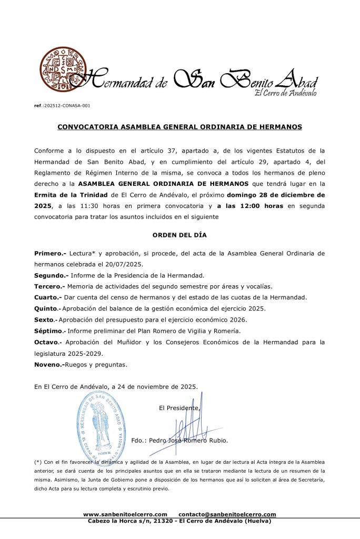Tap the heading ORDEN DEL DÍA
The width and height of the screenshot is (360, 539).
click(179, 235)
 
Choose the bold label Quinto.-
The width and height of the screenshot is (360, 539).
click(47, 308)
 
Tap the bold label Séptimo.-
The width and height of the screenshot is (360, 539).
click(50, 331)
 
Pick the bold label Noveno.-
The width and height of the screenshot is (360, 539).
click(49, 364)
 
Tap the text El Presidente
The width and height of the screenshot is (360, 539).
click(179, 407)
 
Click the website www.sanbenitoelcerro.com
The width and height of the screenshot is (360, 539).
click(125, 514)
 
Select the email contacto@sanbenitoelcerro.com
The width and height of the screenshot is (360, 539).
click(227, 514)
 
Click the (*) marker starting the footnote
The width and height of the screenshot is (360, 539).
click(37, 461)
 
